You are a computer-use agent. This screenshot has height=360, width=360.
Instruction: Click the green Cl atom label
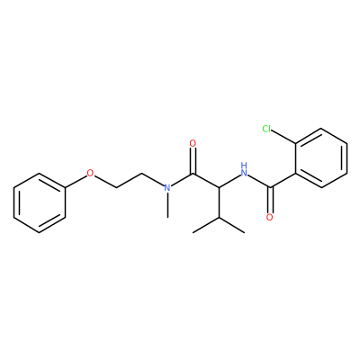coord(266,129)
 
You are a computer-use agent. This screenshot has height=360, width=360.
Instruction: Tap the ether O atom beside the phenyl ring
coord(90,173)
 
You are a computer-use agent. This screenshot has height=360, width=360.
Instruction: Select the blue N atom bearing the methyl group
coord(167,188)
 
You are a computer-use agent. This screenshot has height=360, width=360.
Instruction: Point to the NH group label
coord(245,169)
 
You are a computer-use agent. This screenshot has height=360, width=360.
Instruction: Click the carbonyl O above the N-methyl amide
coord(193,143)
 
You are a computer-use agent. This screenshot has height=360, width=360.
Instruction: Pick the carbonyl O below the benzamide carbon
coord(270,217)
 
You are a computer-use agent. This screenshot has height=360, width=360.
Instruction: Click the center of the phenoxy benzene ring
coord(40,202)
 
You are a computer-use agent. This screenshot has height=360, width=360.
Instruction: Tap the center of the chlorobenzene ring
coord(321,158)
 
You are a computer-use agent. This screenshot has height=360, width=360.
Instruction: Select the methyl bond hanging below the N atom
coord(167,205)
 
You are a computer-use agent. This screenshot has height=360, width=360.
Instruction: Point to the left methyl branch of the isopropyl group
coord(206,225)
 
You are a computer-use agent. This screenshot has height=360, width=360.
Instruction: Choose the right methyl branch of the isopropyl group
coord(232,225)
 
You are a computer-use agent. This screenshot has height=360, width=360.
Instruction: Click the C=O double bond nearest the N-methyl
coord(193,161)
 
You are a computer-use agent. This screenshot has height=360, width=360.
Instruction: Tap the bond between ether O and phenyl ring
coord(76,181)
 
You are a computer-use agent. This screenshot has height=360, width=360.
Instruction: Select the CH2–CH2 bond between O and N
coord(129,181)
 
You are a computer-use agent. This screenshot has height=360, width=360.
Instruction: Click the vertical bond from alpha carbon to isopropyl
coord(219,202)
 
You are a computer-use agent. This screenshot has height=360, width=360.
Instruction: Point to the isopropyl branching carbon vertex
coord(219,218)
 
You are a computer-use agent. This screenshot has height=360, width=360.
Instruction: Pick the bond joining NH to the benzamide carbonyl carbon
coord(259,182)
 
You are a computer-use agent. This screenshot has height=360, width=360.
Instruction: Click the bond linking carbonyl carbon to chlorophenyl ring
coord(283,181)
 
